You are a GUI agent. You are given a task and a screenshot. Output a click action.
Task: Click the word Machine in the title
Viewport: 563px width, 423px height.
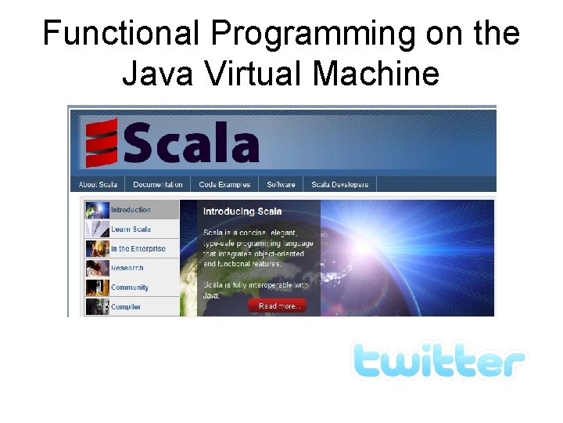tap(376, 74)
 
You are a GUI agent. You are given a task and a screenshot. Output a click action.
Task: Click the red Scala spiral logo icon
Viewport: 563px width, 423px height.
tap(102, 143)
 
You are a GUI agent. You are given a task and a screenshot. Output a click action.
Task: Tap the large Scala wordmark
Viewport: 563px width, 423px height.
tap(190, 144)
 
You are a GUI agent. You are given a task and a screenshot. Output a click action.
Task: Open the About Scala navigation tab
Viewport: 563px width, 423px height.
tap(98, 185)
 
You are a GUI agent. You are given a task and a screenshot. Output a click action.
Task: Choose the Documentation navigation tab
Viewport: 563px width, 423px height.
tap(157, 185)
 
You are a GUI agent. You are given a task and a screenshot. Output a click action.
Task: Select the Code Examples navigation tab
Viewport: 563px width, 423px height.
tap(224, 185)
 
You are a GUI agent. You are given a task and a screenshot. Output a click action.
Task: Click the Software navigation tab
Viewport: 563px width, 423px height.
tap(281, 185)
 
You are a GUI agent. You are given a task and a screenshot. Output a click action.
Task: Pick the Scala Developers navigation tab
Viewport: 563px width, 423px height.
tap(339, 185)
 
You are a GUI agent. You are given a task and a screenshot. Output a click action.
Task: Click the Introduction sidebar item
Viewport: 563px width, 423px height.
tap(131, 210)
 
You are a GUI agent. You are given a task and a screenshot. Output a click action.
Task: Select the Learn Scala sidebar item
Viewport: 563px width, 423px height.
tap(131, 230)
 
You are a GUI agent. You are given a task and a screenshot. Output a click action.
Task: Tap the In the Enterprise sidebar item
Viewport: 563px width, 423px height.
tap(138, 249)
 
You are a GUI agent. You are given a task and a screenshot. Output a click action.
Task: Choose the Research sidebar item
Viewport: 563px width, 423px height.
tap(127, 268)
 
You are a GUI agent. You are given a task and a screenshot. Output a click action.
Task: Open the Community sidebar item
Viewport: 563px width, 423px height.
tap(130, 287)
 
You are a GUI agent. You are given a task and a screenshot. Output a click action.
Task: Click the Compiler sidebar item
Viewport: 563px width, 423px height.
tap(126, 307)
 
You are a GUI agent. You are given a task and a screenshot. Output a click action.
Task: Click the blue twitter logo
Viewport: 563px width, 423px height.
tap(438, 361)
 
